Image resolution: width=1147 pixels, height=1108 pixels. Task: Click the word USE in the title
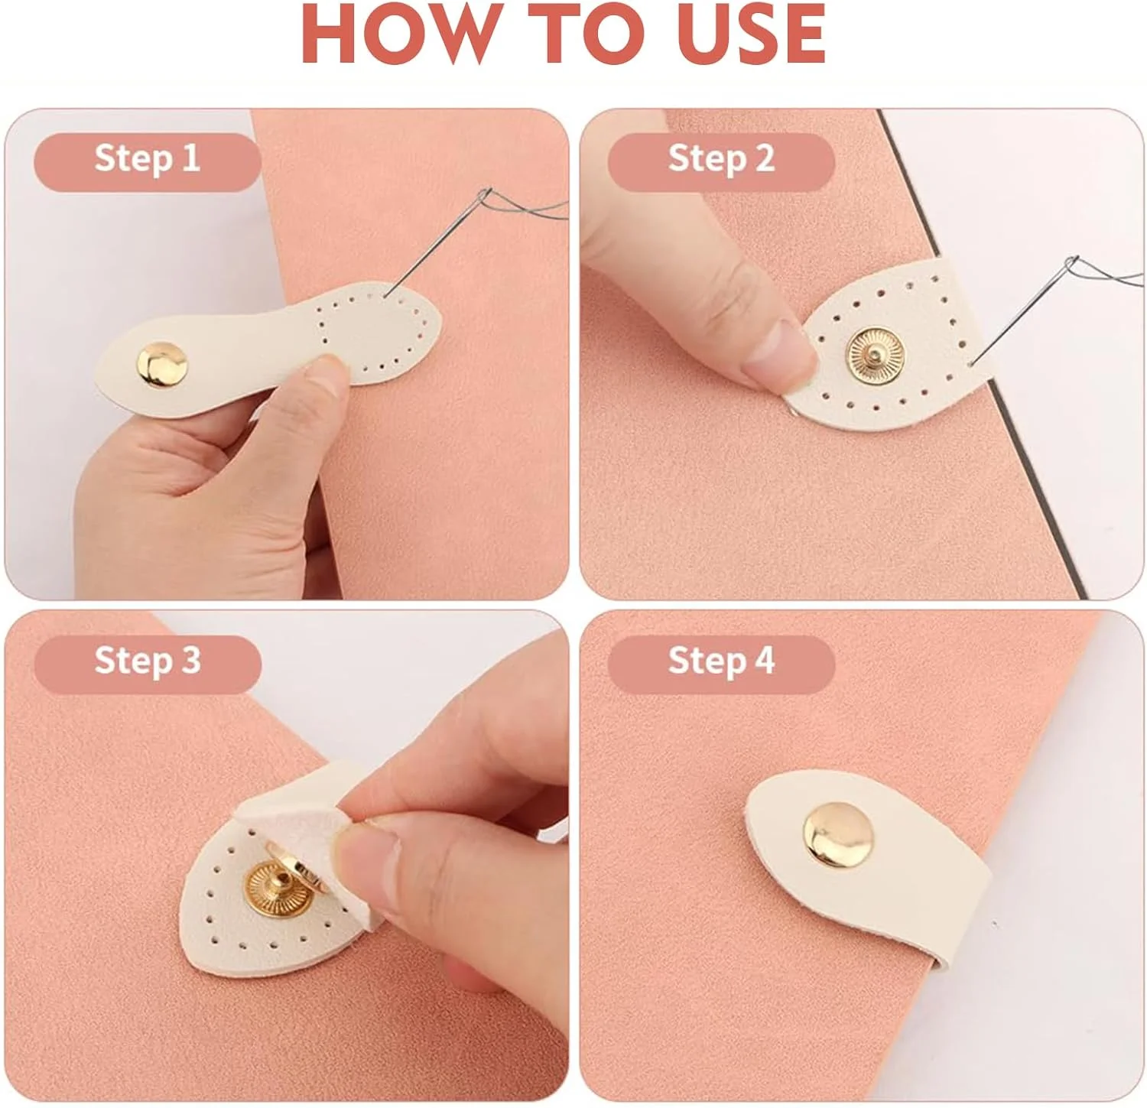tap(749, 35)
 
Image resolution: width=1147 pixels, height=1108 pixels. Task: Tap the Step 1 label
tap(147, 159)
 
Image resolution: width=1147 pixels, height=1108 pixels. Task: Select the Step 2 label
tap(721, 159)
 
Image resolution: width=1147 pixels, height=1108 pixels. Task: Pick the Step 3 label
tap(147, 661)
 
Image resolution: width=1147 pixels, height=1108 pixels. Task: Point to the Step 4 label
tap(721, 661)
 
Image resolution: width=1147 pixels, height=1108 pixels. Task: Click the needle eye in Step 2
tap(1073, 266)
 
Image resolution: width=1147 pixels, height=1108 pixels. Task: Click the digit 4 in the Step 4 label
tap(765, 660)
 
